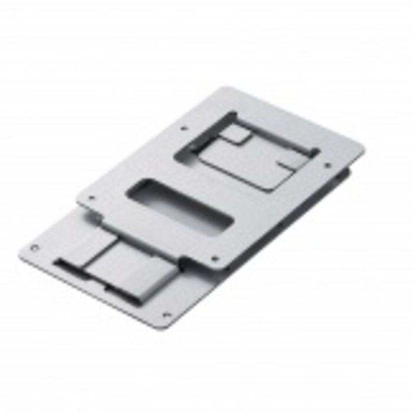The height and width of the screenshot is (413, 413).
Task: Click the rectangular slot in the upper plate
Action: (x=180, y=207)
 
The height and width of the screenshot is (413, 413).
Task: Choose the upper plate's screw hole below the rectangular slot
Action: (x=214, y=258)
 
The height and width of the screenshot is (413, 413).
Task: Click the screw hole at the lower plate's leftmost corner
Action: (x=33, y=248)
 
